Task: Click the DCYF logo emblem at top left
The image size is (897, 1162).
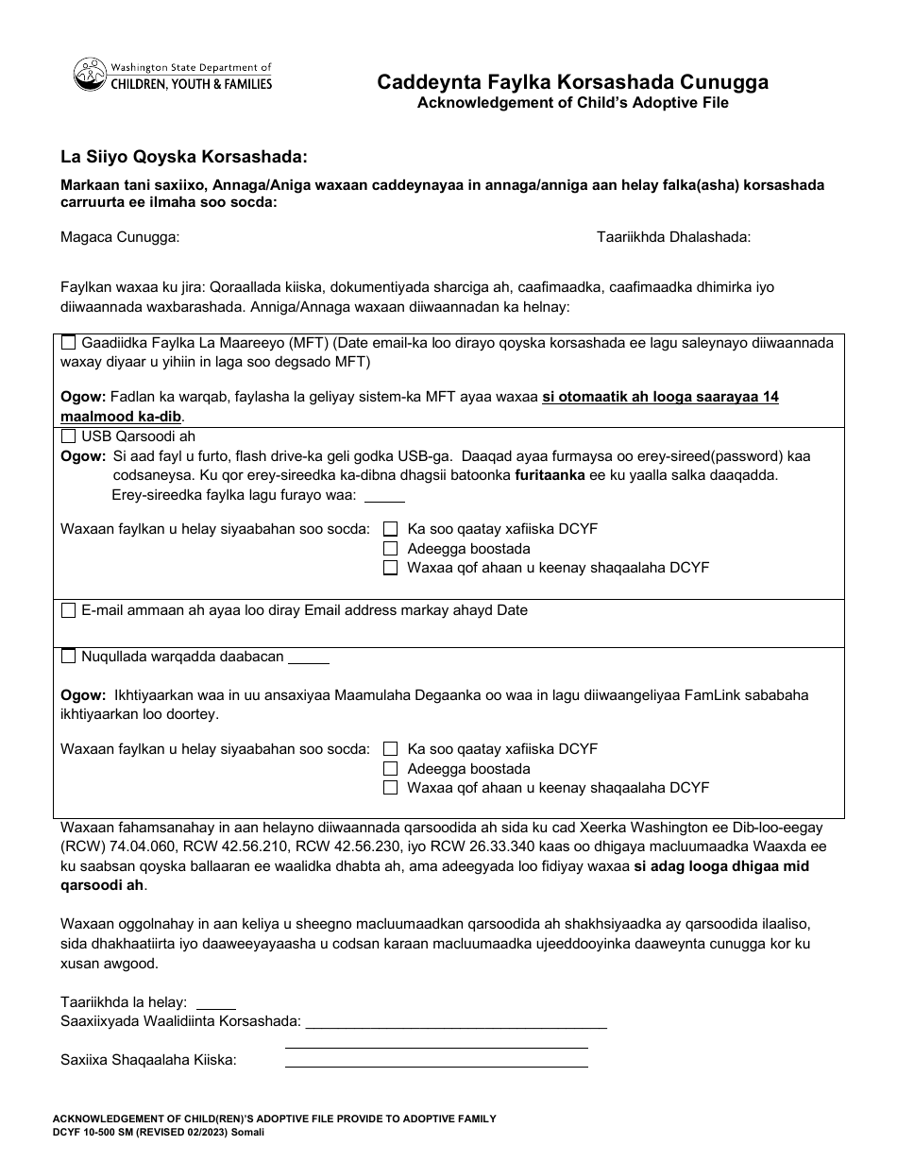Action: coord(91,75)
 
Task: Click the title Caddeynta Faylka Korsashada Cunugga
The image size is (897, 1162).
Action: coord(572,82)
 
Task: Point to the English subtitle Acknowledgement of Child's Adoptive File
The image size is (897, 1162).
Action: coord(572,103)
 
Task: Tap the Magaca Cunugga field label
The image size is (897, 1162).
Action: coord(120,238)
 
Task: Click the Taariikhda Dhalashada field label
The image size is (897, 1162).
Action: coord(673,238)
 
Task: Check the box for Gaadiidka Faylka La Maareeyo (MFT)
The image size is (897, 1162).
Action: coord(69,343)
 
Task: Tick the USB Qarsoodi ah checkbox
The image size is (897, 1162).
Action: coord(69,436)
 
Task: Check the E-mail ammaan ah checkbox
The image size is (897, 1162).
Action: coord(69,610)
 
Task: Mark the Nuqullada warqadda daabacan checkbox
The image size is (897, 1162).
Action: coord(69,657)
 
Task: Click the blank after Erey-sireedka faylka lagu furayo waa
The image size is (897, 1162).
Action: coord(384,496)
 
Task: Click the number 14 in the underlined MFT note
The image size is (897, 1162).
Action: coord(770,397)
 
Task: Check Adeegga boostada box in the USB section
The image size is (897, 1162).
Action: coord(390,549)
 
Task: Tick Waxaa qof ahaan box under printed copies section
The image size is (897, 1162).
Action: coord(390,788)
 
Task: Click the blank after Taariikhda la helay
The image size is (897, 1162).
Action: coord(215,1002)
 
